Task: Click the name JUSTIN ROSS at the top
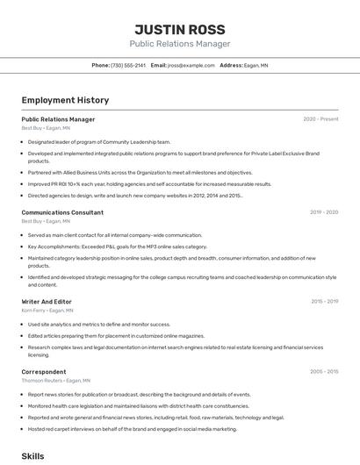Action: click(180, 29)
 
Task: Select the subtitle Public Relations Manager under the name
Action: click(180, 44)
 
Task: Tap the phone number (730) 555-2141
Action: click(128, 65)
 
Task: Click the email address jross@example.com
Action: click(191, 65)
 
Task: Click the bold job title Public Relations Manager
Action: click(58, 119)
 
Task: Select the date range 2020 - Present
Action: click(320, 119)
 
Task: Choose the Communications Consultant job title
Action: click(62, 212)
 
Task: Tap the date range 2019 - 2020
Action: click(323, 212)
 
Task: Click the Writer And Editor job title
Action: click(46, 302)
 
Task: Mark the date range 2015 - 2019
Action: click(324, 302)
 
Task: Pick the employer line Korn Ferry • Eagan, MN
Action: click(47, 311)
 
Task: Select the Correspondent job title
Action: click(44, 372)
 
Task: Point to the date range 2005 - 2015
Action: click(323, 372)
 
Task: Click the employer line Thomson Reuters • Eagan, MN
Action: click(55, 381)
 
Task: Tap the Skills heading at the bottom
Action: click(32, 456)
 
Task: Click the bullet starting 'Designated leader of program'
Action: click(98, 141)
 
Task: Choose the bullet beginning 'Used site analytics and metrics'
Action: click(98, 324)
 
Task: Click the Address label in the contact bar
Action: click(231, 65)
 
